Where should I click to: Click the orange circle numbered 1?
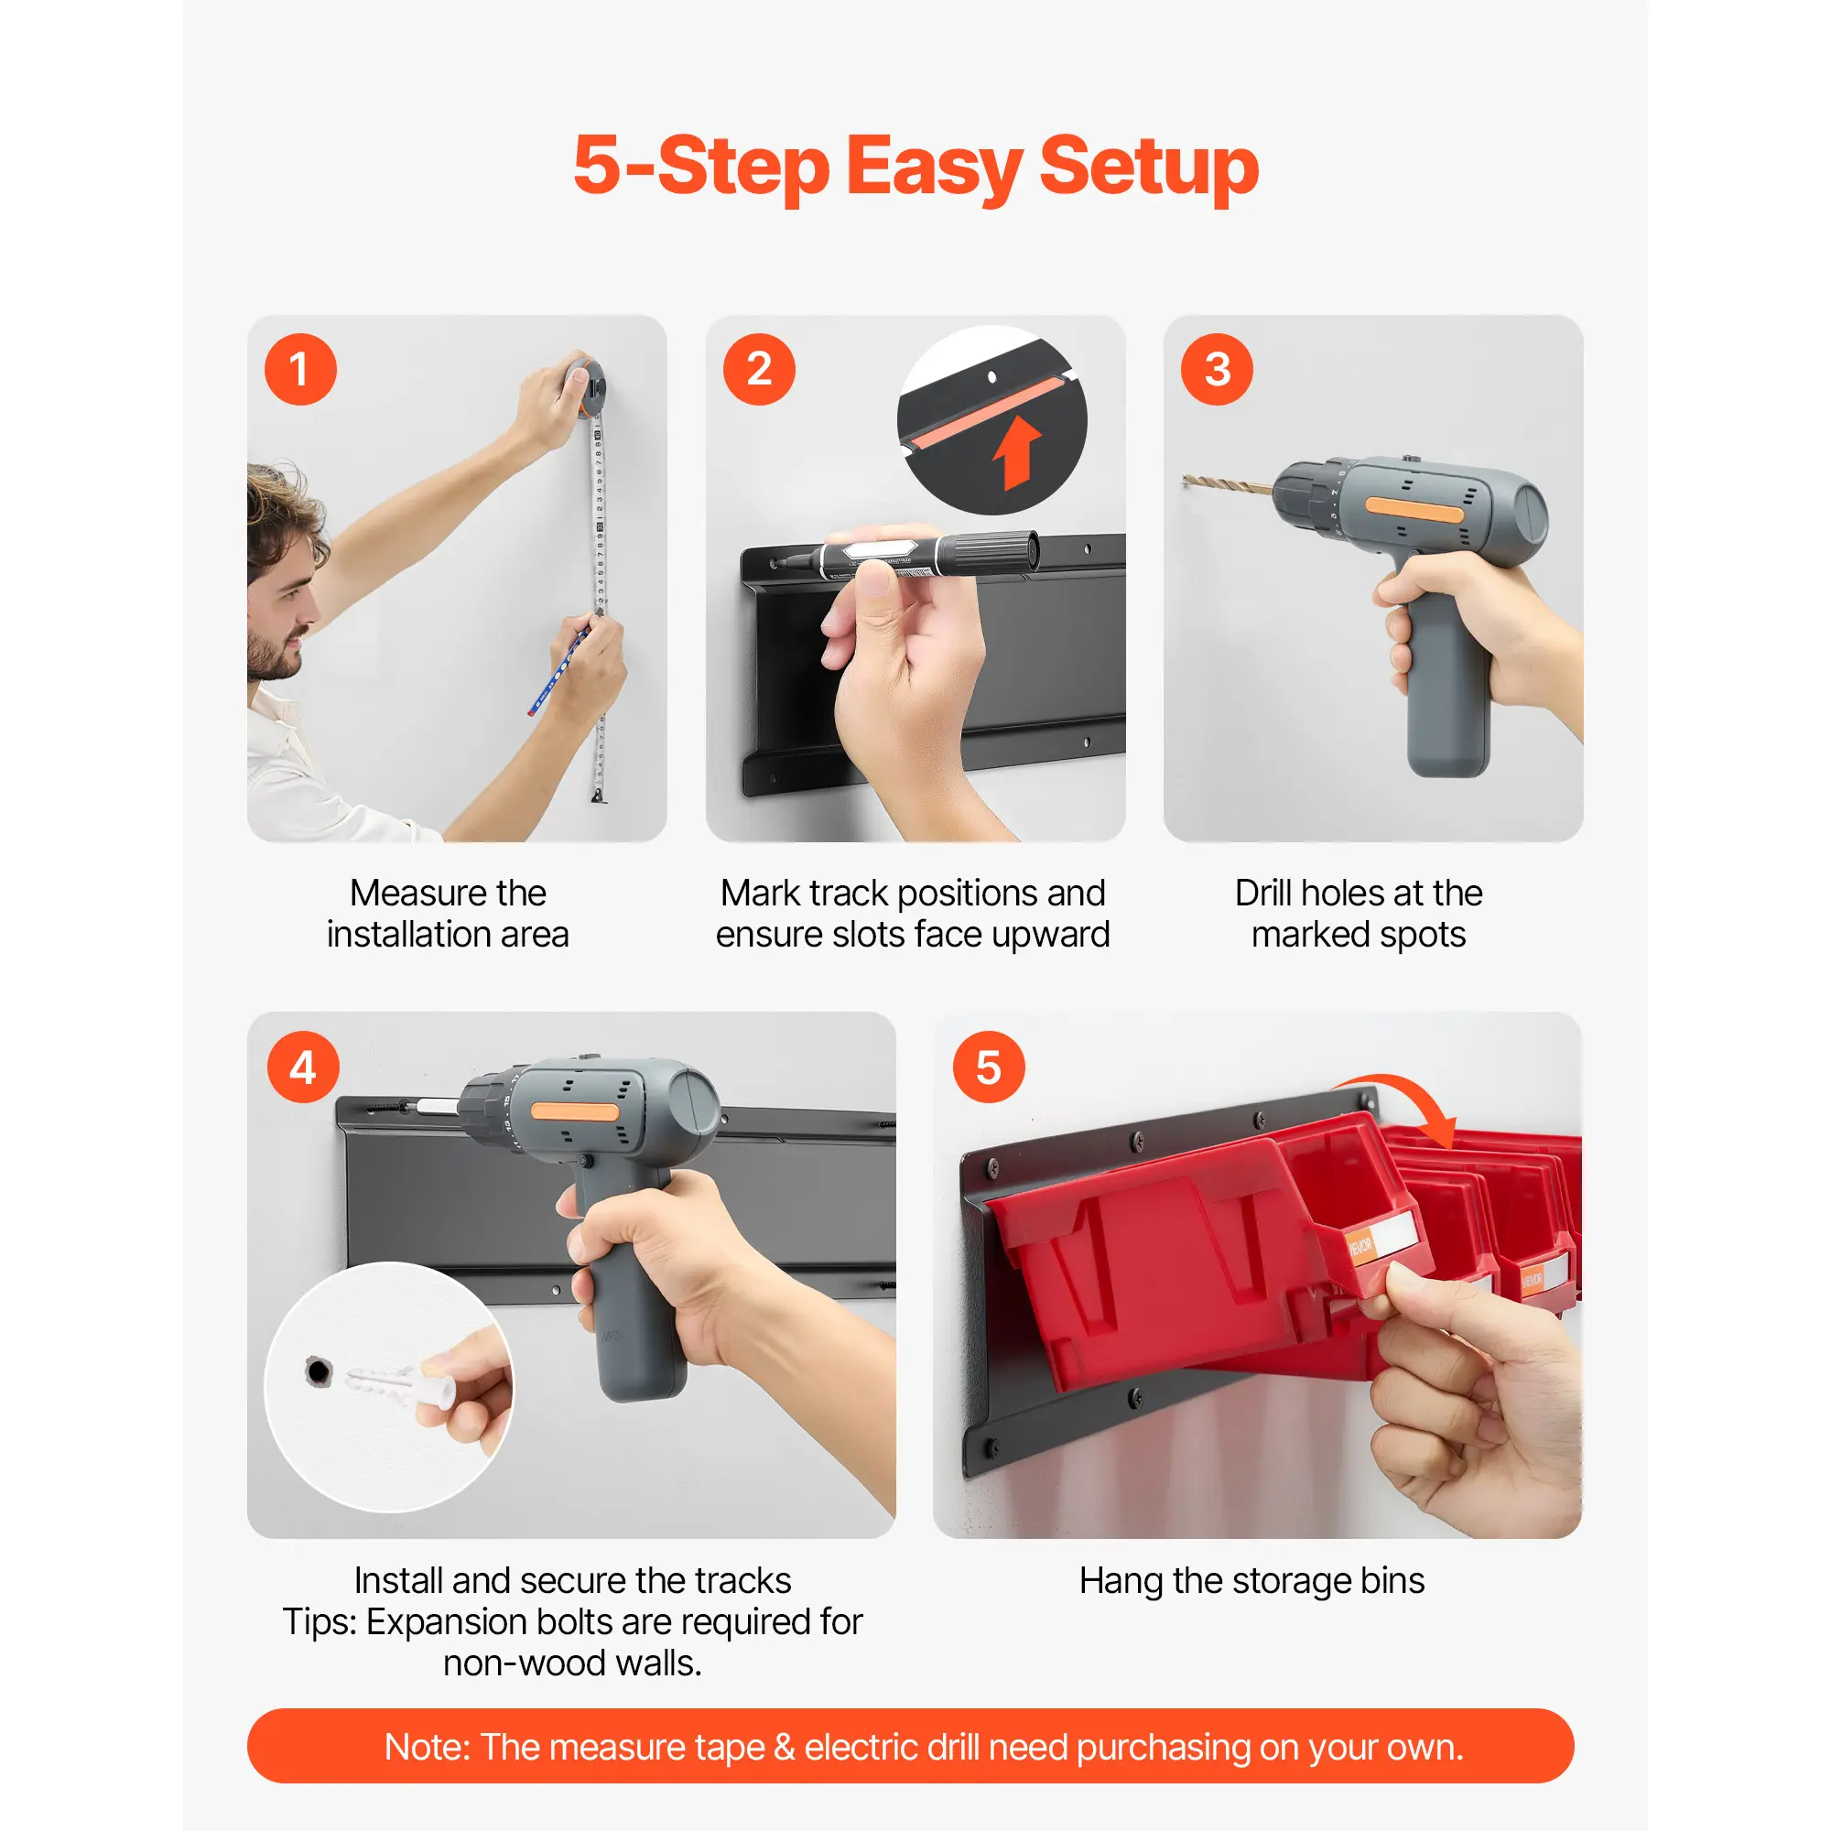(x=300, y=370)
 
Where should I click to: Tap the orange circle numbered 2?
(x=759, y=370)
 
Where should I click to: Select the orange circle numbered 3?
(x=1217, y=370)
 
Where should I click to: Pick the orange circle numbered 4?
(x=303, y=1067)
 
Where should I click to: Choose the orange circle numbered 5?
(x=989, y=1067)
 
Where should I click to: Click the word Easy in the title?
(x=933, y=167)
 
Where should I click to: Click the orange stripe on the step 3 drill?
(x=1415, y=511)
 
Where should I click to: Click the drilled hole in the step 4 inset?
(x=319, y=1371)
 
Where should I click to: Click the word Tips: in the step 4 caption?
(x=320, y=1622)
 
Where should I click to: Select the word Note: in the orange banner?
(x=427, y=1747)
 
